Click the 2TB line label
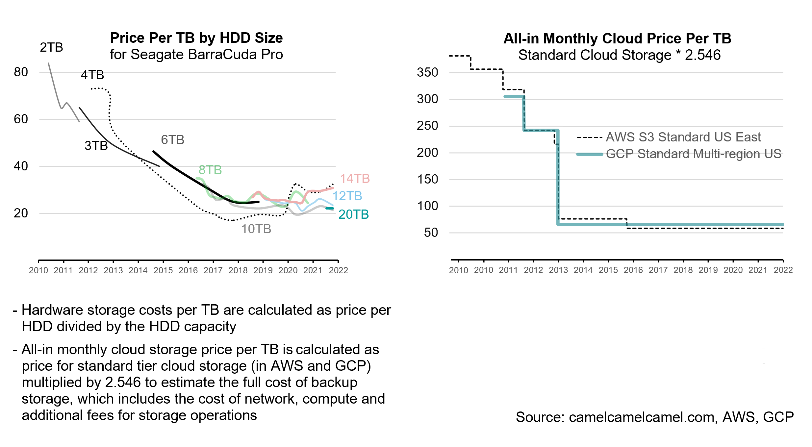pyautogui.click(x=51, y=47)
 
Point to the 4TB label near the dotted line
pyautogui.click(x=92, y=75)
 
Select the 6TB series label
pyautogui.click(x=172, y=140)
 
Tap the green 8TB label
pyautogui.click(x=210, y=170)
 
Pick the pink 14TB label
pyautogui.click(x=355, y=179)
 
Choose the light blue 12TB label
pyautogui.click(x=347, y=196)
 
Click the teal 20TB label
pyautogui.click(x=354, y=214)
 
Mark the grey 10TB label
pyautogui.click(x=256, y=229)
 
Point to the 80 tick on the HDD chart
pyautogui.click(x=21, y=72)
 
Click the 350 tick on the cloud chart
pyautogui.click(x=427, y=72)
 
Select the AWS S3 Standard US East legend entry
pyautogui.click(x=683, y=137)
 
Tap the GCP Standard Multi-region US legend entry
pyautogui.click(x=693, y=154)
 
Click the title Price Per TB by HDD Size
pyautogui.click(x=196, y=38)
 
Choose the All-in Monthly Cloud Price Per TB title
pyautogui.click(x=617, y=39)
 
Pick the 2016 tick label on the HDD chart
pyautogui.click(x=188, y=270)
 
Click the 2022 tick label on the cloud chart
pyautogui.click(x=783, y=270)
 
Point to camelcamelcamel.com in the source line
pyautogui.click(x=643, y=417)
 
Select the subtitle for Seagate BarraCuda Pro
pyautogui.click(x=196, y=55)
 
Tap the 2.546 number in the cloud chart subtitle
pyautogui.click(x=703, y=55)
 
